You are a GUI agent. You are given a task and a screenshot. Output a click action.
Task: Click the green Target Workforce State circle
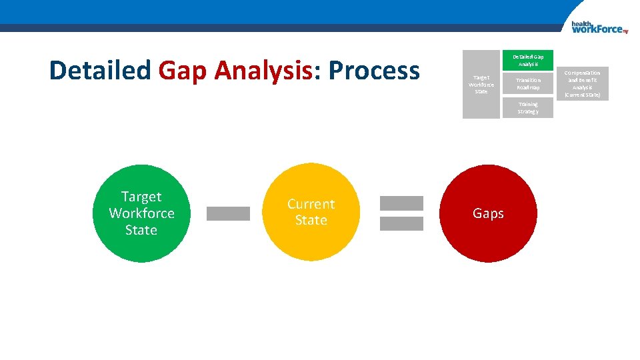pos(141,213)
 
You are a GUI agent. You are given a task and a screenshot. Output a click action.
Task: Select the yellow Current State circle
pos(311,212)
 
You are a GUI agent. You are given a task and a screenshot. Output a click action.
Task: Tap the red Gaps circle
pos(488,213)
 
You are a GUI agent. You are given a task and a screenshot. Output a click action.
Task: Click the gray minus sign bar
pos(228,213)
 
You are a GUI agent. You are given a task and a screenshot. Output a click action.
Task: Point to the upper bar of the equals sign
pos(401,203)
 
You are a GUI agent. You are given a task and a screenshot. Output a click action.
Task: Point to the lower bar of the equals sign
pos(401,224)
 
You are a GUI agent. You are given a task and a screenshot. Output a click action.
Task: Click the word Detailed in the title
pos(100,70)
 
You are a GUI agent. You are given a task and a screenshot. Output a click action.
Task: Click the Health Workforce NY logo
pos(599,27)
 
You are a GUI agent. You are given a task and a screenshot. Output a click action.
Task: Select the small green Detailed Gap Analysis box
pos(527,61)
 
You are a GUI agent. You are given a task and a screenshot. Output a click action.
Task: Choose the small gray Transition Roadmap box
pos(527,84)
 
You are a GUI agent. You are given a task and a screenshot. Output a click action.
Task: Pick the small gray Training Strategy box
pos(527,108)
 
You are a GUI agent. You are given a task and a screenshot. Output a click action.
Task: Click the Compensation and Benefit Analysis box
pos(583,84)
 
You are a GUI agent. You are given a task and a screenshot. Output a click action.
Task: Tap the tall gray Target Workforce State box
pos(481,85)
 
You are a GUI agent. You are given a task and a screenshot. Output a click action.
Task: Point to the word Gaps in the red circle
pos(488,213)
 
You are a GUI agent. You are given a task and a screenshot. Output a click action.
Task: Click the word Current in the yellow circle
pos(311,204)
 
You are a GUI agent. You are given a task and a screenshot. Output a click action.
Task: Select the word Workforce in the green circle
pos(141,213)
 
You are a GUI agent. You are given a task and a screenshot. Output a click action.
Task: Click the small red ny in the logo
pos(625,31)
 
